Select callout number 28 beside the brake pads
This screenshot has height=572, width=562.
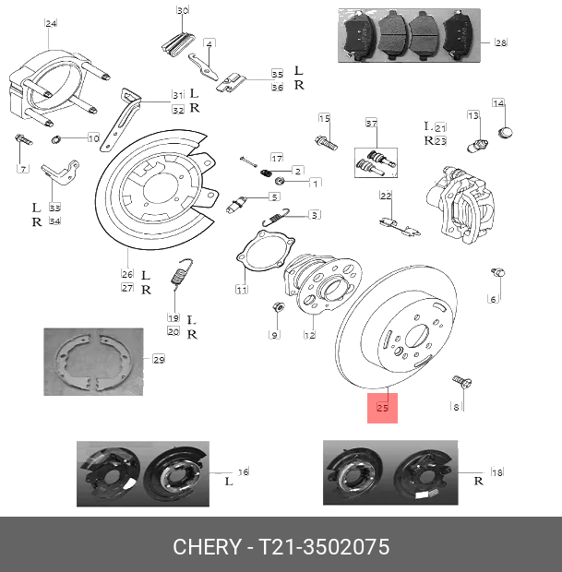coord(500,42)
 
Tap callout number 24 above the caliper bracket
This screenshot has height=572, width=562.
coord(51,22)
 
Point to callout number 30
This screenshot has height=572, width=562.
coord(183,11)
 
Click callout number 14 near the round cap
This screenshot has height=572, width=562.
coord(498,103)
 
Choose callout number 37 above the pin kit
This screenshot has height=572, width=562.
coord(371,124)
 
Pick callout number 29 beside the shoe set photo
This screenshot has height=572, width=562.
coord(158,359)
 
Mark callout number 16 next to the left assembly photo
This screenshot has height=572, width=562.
coord(244,471)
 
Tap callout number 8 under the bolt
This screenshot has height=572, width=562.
coord(454,406)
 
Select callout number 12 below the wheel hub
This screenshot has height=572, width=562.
coord(310,335)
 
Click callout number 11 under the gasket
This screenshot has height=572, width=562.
coord(241,290)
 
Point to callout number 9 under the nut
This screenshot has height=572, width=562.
coord(274,334)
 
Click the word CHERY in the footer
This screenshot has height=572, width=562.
coord(206,547)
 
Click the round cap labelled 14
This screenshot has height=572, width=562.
coord(504,134)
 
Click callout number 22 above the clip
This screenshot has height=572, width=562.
coord(386,196)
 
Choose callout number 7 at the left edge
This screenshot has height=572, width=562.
coord(24,169)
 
